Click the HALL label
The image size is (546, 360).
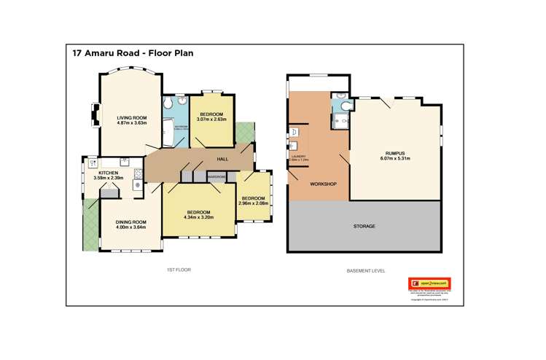tap(225, 160)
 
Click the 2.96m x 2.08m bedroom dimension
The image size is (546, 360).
tap(253, 203)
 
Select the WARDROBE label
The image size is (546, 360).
tap(217, 177)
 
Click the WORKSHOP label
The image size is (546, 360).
tap(322, 184)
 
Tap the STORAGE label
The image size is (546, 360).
tap(364, 227)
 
